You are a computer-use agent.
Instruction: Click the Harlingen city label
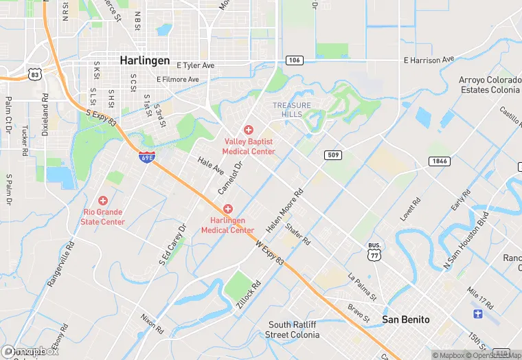144,60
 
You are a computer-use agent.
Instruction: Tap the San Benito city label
406,319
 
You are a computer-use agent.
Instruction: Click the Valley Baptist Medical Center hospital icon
249,130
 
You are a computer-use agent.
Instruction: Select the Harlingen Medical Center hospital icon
227,209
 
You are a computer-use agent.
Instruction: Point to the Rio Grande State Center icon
103,201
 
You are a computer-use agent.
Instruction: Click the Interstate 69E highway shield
146,157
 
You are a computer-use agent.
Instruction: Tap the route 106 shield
293,60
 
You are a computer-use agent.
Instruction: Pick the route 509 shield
332,155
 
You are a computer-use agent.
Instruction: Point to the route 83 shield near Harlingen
34,74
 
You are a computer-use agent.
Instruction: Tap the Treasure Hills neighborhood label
292,110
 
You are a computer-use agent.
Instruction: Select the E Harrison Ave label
429,60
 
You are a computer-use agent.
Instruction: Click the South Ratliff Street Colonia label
293,330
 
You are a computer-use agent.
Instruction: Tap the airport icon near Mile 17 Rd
478,314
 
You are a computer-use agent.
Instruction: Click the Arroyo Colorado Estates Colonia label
490,85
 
